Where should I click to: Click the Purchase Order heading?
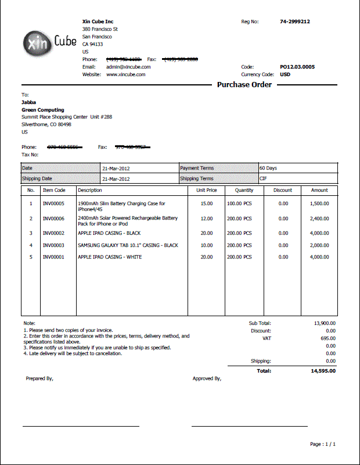pos(244,85)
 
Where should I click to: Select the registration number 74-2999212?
pos(295,22)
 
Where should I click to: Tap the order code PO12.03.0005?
pos(297,67)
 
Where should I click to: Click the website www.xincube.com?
pos(125,74)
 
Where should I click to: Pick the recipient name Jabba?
pos(28,102)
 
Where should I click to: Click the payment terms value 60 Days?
pos(268,168)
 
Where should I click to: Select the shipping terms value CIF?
pos(263,178)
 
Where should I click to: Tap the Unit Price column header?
pos(207,190)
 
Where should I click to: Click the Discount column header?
pos(283,190)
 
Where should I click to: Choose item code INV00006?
pos(54,219)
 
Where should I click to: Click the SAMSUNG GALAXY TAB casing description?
pos(128,245)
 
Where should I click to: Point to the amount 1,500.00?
pos(319,203)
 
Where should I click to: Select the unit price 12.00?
pos(207,219)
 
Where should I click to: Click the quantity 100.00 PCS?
pos(239,203)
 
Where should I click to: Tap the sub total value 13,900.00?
pos(325,323)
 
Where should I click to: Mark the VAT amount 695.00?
pos(328,338)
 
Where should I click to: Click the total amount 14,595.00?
pos(323,370)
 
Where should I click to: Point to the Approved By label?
pos(207,378)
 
